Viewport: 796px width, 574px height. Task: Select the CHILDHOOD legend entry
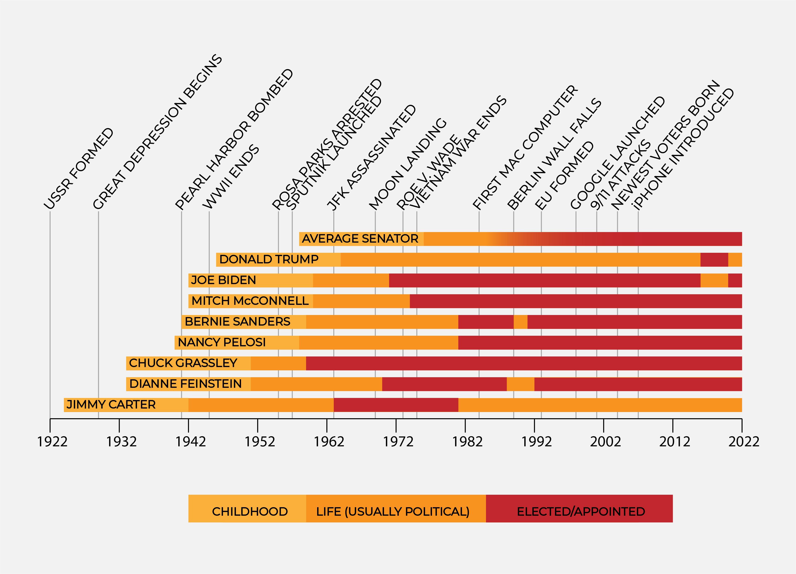(250, 511)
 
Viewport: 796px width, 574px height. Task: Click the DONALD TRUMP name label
(269, 259)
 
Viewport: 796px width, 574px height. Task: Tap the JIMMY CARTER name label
(111, 405)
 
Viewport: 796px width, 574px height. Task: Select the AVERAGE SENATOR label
(360, 239)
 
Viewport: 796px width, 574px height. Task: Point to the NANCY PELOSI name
(222, 342)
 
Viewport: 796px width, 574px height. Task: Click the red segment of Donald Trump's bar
(714, 259)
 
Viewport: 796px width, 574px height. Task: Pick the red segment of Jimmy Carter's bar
(396, 405)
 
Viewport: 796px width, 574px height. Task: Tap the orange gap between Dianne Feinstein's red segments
(521, 384)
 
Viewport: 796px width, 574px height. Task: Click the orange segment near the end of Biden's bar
(714, 280)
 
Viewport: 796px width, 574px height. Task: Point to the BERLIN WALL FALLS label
(555, 154)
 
